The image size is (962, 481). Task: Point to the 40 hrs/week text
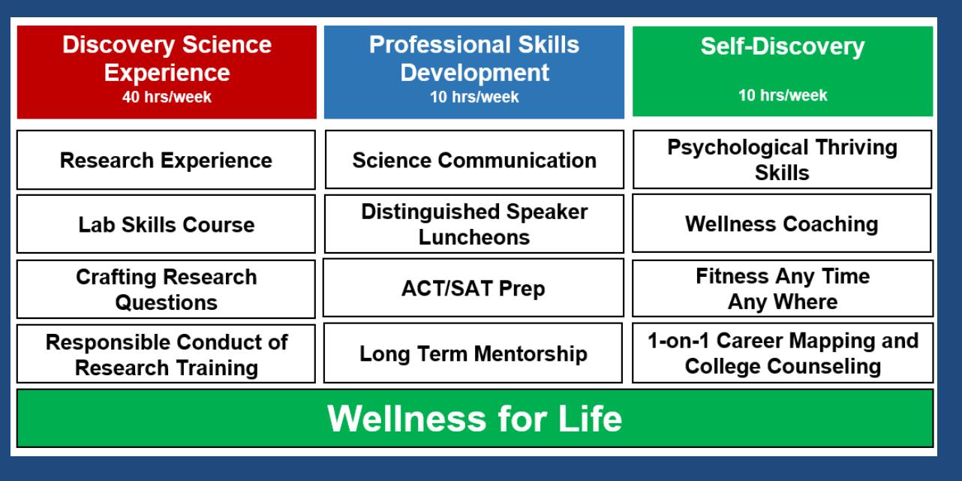[167, 97]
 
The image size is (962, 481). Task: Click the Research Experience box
[166, 160]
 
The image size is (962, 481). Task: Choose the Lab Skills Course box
[166, 224]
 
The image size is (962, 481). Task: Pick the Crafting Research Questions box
[166, 289]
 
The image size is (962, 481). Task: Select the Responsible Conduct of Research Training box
[166, 354]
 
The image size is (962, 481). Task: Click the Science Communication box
[473, 160]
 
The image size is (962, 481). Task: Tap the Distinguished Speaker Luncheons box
[473, 224]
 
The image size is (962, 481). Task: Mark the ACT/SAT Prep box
[473, 288]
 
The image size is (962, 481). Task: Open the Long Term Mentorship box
[473, 353]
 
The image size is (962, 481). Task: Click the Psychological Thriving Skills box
[782, 160]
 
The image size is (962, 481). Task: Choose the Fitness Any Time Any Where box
[783, 289]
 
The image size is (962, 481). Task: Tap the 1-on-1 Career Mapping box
[783, 353]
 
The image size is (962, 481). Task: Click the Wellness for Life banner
[475, 418]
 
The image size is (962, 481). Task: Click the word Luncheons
[474, 237]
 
